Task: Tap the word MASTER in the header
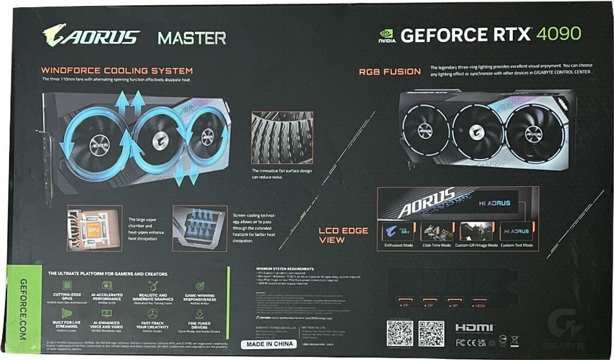tap(192, 38)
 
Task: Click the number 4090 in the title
tap(559, 34)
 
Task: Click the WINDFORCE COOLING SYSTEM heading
tap(116, 71)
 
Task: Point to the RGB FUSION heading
tap(390, 71)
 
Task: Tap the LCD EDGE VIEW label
tap(343, 235)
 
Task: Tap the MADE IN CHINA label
tap(270, 344)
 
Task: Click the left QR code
tap(399, 334)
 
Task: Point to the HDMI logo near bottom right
tap(474, 328)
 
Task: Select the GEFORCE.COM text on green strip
tap(23, 310)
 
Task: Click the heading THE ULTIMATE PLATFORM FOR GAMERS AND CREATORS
tap(108, 274)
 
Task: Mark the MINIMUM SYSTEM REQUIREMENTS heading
tap(284, 269)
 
